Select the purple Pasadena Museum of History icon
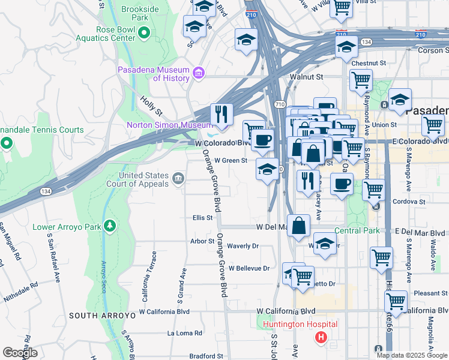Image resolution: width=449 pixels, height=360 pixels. [x=199, y=73]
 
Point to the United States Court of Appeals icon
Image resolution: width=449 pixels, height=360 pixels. [x=178, y=178]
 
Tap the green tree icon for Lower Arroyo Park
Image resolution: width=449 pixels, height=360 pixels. [x=109, y=226]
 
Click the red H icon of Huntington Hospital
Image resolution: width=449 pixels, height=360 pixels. [x=321, y=338]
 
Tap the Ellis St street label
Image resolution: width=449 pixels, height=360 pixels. [x=202, y=218]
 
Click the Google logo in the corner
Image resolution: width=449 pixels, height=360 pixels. [x=20, y=353]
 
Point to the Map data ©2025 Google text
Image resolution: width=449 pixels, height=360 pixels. [x=411, y=355]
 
